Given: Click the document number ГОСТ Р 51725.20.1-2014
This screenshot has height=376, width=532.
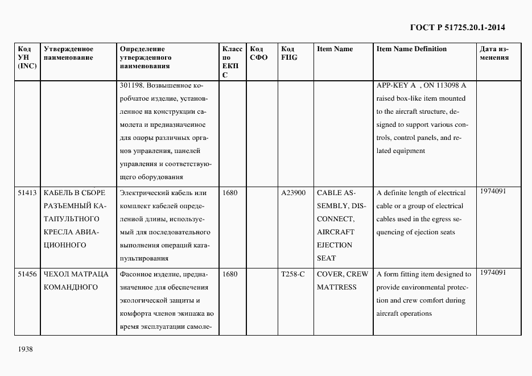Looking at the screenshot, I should [x=457, y=27].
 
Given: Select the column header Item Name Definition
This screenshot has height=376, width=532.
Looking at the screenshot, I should [x=411, y=49].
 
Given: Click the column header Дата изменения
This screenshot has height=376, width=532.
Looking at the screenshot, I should [x=494, y=53].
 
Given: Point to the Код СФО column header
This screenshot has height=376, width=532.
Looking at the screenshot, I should [x=259, y=53].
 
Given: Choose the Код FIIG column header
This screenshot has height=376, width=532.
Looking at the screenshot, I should [x=289, y=53].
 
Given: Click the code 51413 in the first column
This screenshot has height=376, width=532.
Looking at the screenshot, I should [x=27, y=193].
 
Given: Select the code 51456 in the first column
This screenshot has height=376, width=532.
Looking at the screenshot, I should [x=27, y=274].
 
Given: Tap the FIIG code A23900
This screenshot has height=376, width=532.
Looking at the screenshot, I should [x=294, y=193].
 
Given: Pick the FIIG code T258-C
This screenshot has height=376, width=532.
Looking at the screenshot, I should [x=293, y=274].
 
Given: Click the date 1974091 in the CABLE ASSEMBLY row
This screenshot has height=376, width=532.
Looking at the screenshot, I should [x=493, y=191].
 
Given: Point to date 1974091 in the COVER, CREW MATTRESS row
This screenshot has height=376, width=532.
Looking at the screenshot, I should [x=493, y=272].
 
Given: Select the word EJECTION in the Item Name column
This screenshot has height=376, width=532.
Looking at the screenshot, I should [x=335, y=245].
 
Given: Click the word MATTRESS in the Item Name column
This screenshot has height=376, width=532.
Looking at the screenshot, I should [x=337, y=287].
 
